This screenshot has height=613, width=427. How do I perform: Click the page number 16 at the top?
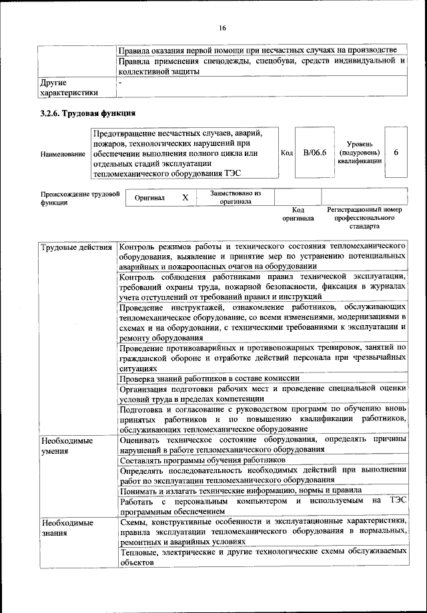(222, 27)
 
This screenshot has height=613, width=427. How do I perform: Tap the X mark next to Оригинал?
(185, 198)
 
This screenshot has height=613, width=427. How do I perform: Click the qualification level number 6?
(396, 153)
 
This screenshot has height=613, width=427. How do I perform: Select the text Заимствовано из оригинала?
(236, 197)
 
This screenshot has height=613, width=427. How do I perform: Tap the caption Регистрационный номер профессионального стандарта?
(364, 217)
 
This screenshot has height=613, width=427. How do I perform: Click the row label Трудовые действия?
(76, 248)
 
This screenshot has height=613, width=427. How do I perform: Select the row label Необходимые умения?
(67, 445)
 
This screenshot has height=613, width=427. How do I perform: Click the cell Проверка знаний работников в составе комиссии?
(209, 378)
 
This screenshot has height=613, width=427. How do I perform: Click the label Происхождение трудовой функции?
(79, 198)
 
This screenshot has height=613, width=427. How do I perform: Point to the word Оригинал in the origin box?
(150, 198)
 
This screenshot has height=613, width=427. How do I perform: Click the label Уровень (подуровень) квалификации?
(359, 153)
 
